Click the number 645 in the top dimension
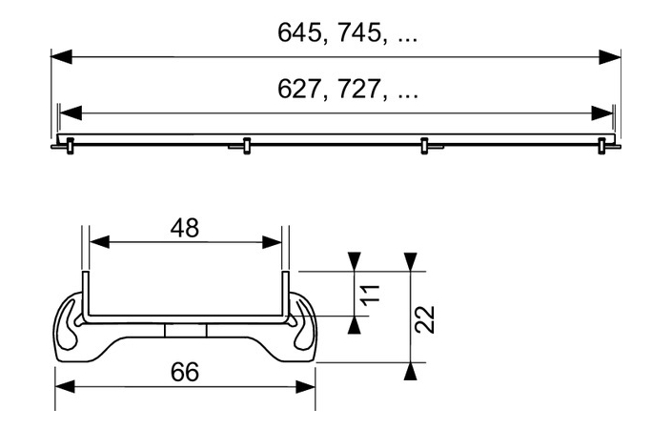point(298,32)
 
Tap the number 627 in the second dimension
point(298,91)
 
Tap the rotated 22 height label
point(425,318)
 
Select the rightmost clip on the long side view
point(601,145)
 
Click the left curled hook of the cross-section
point(70,324)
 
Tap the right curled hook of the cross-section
point(303,324)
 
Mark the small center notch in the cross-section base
point(185,330)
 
